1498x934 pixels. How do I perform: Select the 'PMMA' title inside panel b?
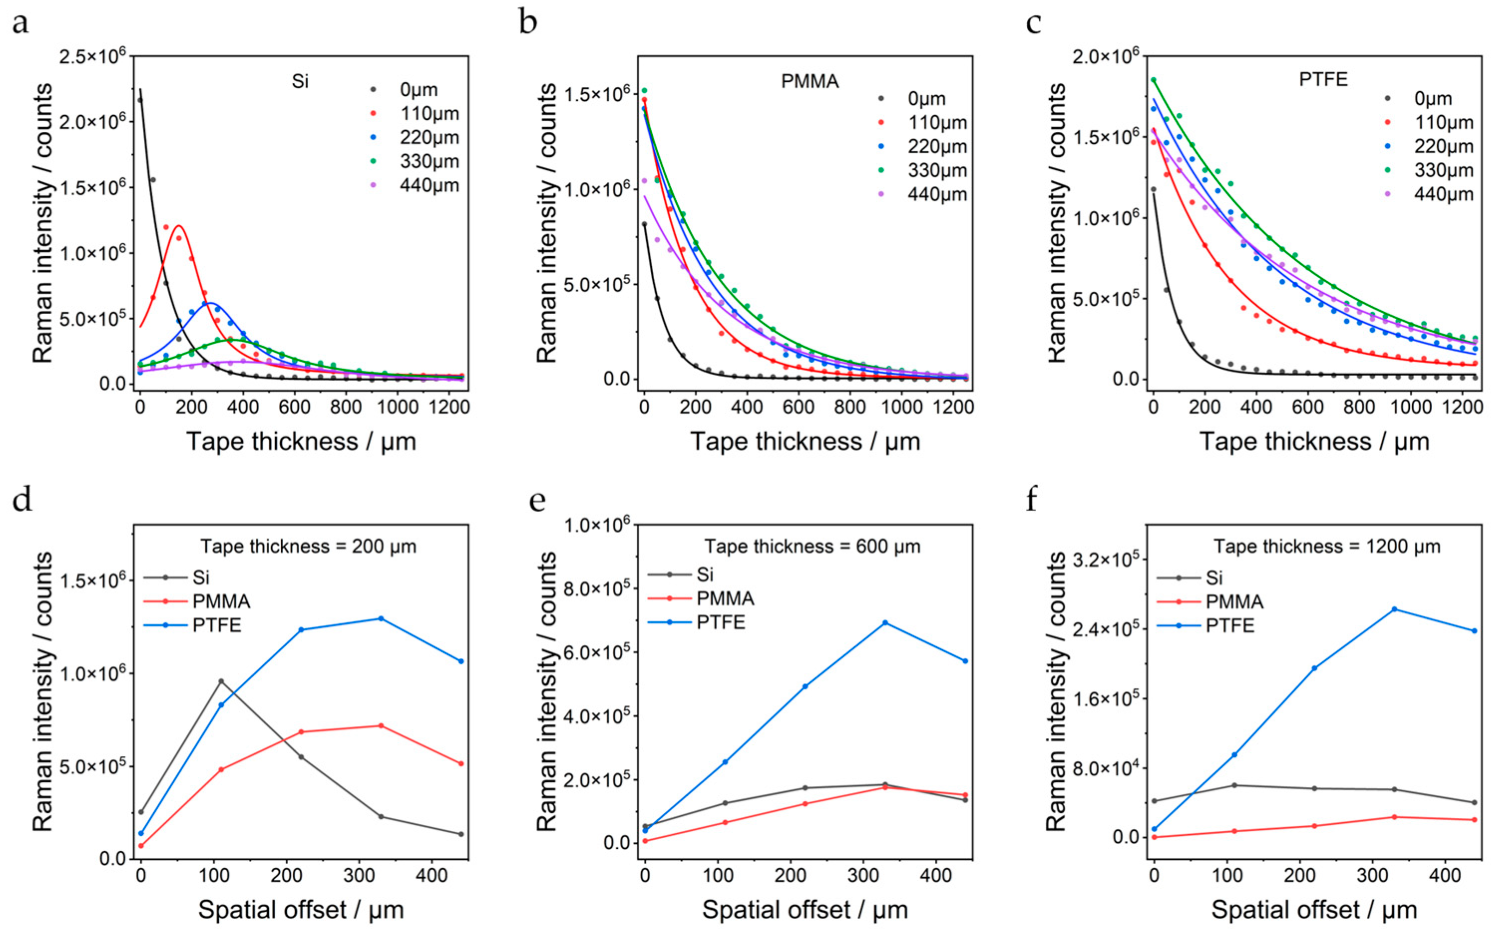click(810, 82)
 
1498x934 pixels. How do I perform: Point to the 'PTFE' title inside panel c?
click(1323, 80)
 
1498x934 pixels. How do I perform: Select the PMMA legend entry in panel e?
click(701, 598)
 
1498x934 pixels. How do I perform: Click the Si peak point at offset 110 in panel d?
click(221, 681)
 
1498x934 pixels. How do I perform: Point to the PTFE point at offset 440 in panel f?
click(1475, 631)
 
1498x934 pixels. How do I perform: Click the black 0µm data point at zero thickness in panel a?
click(140, 100)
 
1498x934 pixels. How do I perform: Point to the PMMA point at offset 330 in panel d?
click(380, 725)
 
